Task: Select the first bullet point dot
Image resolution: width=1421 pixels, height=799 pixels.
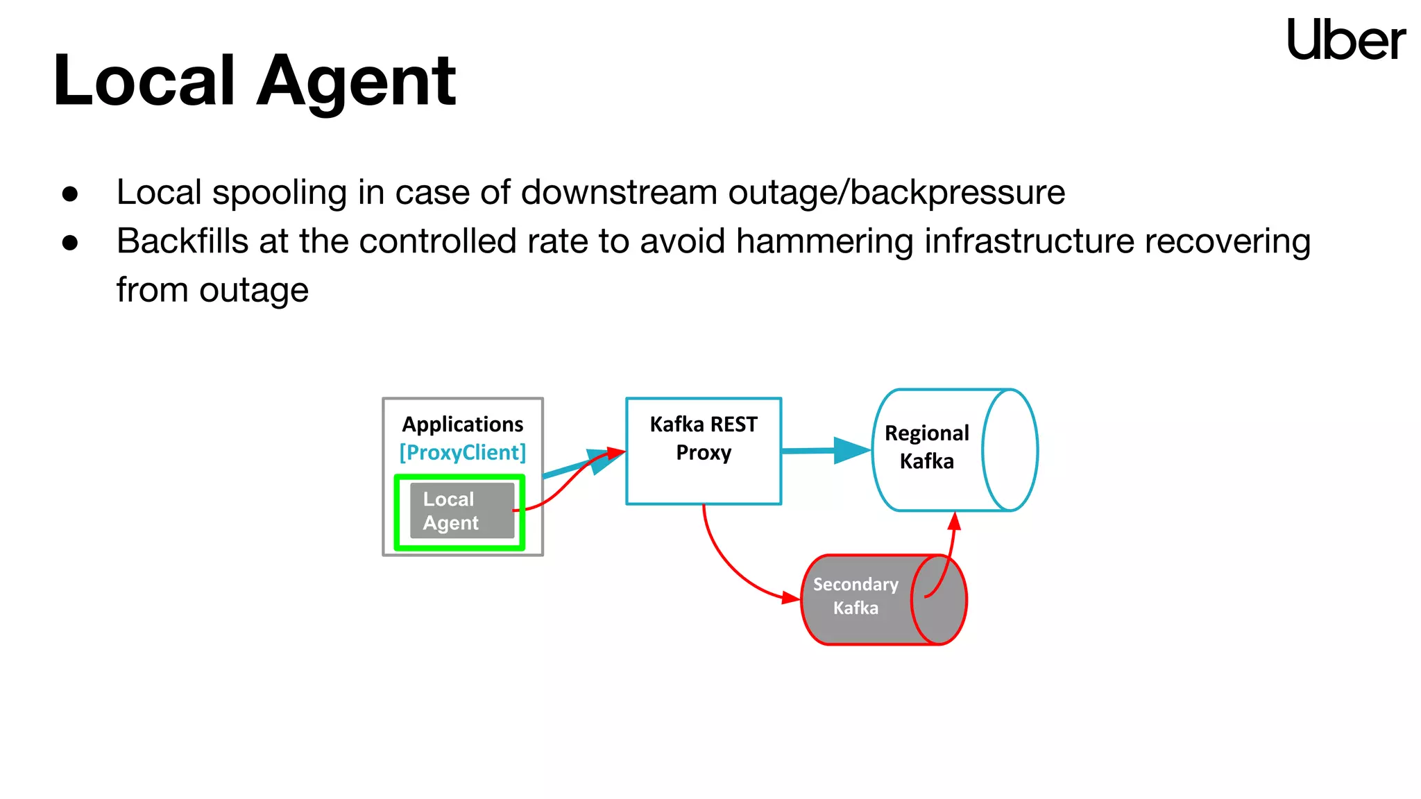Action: (x=70, y=194)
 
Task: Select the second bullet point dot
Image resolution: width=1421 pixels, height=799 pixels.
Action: (x=70, y=243)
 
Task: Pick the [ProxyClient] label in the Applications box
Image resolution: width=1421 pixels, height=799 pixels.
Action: (x=463, y=452)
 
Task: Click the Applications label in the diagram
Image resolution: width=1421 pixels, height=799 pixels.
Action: (x=463, y=424)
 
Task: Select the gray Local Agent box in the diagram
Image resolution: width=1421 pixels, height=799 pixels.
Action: (x=461, y=511)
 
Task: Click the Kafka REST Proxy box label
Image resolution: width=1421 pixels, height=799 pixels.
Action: (x=704, y=438)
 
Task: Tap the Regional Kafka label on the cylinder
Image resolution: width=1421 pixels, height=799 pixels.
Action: (x=926, y=447)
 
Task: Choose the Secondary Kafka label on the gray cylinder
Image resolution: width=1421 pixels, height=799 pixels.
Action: (x=856, y=596)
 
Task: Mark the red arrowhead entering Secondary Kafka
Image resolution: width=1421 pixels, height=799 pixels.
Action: (x=791, y=598)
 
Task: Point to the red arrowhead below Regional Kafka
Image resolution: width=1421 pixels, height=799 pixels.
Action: (x=955, y=522)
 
